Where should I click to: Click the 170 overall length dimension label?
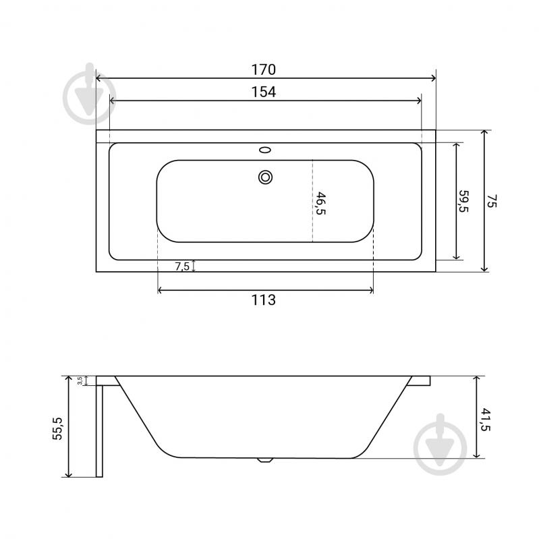click(264, 69)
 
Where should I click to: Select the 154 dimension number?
click(264, 92)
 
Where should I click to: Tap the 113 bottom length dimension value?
click(264, 300)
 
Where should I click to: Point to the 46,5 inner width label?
click(320, 203)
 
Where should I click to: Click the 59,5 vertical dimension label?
click(463, 201)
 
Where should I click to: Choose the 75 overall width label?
click(492, 201)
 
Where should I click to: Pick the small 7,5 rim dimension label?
click(182, 266)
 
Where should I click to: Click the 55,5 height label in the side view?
click(57, 428)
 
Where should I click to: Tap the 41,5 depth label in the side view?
click(486, 420)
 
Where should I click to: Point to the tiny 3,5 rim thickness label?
click(80, 380)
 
